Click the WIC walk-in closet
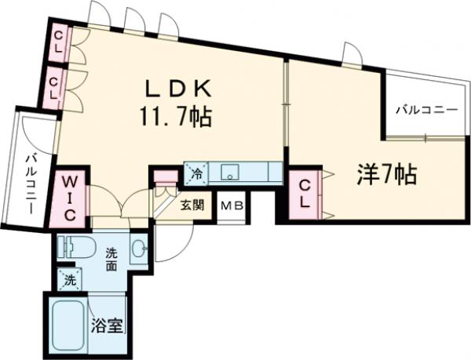[x=69, y=196]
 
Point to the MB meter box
[x=230, y=207]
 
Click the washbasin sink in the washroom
[x=140, y=249]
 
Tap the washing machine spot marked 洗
[x=69, y=279]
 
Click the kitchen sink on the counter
[x=229, y=172]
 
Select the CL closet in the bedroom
[x=305, y=193]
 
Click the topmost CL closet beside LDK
[x=58, y=43]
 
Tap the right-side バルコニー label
[x=425, y=109]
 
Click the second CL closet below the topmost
[x=56, y=86]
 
